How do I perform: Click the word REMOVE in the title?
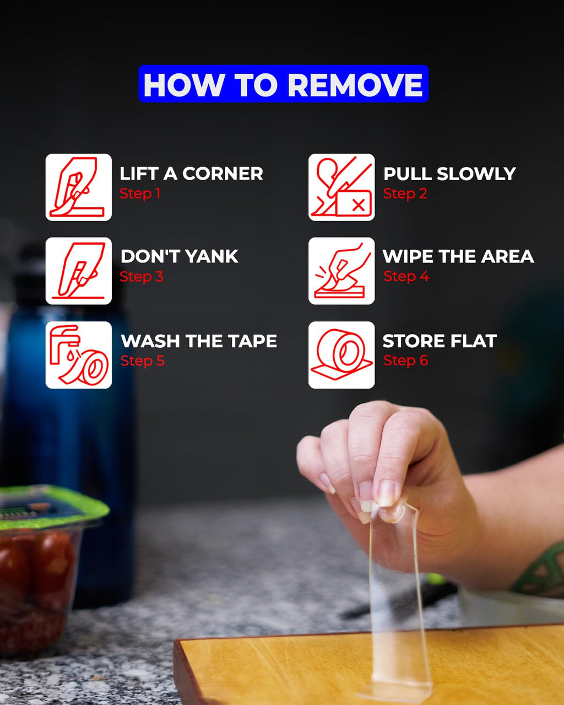[x=355, y=84]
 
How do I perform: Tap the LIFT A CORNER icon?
[x=79, y=187]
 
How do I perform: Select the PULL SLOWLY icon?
[x=341, y=187]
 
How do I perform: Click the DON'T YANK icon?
[x=79, y=271]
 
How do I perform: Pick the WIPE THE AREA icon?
[x=341, y=271]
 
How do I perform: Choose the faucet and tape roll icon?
[x=79, y=355]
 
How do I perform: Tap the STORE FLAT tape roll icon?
[x=341, y=355]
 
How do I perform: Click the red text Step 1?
[x=140, y=193]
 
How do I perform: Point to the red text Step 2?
[x=405, y=193]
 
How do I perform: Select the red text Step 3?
[x=142, y=277]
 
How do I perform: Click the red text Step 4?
[x=406, y=277]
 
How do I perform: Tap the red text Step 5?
[x=143, y=361]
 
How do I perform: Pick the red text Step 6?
[x=406, y=360]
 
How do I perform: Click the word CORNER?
[x=223, y=174]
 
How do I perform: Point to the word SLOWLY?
[x=476, y=174]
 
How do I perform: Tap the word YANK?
[x=212, y=256]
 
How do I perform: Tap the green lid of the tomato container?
[x=52, y=508]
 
